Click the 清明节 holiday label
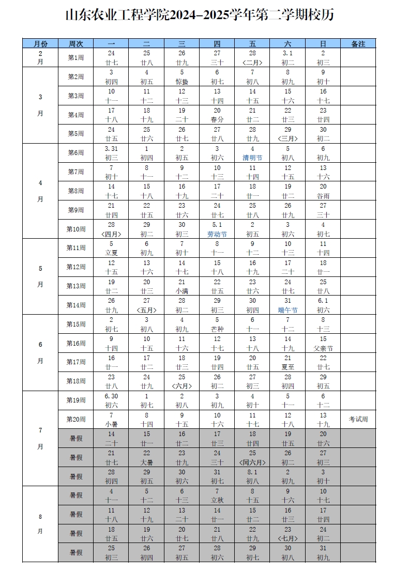point(252,158)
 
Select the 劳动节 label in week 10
point(217,234)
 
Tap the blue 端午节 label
point(287,310)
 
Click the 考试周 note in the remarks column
point(358,419)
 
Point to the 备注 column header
point(358,44)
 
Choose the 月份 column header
point(40,44)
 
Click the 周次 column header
point(75,44)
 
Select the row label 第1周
point(75,57)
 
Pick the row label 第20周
point(75,419)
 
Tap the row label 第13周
point(75,286)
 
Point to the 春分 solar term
point(217,119)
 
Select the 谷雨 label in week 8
point(323,196)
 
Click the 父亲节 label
point(323,348)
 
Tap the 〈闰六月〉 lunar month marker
point(252,462)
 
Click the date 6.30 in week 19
point(111,396)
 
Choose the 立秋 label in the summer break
point(217,500)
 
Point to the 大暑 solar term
point(146,462)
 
